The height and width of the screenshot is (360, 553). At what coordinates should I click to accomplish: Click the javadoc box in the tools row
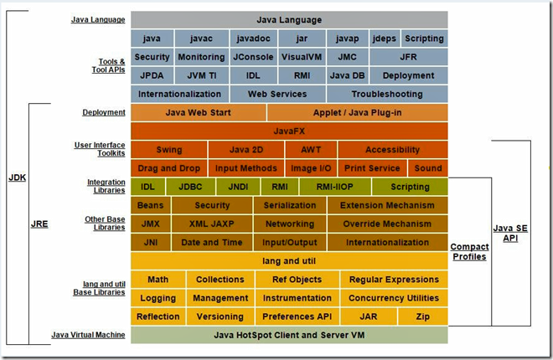[x=252, y=39]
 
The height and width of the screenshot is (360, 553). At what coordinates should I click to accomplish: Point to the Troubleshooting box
[x=386, y=94]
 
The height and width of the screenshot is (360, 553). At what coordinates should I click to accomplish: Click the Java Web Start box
[x=198, y=112]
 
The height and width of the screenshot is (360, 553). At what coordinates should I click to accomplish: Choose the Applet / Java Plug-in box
[x=357, y=112]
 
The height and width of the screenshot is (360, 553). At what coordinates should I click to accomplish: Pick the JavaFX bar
[x=289, y=131]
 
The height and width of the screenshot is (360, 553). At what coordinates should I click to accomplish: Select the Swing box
[x=168, y=150]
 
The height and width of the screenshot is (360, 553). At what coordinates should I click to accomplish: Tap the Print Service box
[x=372, y=168]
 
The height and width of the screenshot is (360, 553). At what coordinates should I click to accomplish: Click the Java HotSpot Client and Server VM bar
[x=289, y=335]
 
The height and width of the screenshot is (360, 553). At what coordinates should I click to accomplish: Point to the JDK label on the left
[x=17, y=177]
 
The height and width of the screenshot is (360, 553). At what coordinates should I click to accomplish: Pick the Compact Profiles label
[x=469, y=251]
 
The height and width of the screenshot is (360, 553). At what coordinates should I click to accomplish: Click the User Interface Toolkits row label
[x=100, y=150]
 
